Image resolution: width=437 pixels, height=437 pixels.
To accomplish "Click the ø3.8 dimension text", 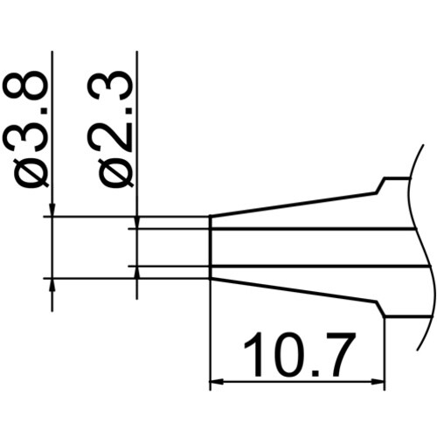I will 31,131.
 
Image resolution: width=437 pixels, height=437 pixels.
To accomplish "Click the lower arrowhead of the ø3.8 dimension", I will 53,286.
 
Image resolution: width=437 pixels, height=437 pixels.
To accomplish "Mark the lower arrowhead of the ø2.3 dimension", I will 137,271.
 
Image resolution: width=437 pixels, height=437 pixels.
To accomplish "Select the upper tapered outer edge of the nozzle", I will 293,205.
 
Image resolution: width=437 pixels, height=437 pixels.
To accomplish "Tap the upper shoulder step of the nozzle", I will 381,185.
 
